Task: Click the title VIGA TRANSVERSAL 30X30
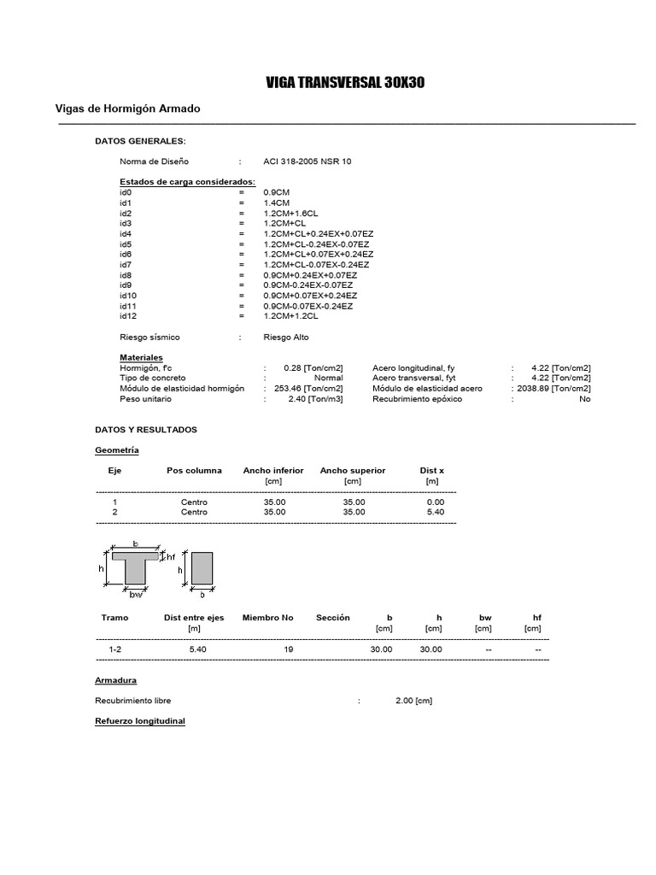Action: pos(345,83)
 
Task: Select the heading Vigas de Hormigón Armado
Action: pos(128,109)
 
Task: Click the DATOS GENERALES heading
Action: pos(139,141)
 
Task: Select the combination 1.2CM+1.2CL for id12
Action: pos(291,316)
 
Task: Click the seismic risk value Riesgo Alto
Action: pos(286,337)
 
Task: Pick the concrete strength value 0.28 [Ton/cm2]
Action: pos(313,367)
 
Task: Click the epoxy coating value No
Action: pos(584,399)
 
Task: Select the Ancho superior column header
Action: pos(353,471)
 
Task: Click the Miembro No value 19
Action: pos(289,649)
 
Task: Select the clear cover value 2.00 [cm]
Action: pos(414,701)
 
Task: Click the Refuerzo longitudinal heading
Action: pos(139,721)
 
